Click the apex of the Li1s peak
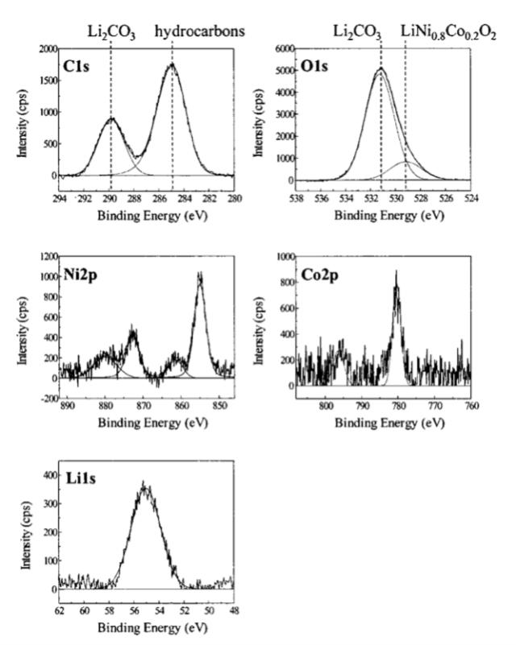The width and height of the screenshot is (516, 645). coord(144,484)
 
